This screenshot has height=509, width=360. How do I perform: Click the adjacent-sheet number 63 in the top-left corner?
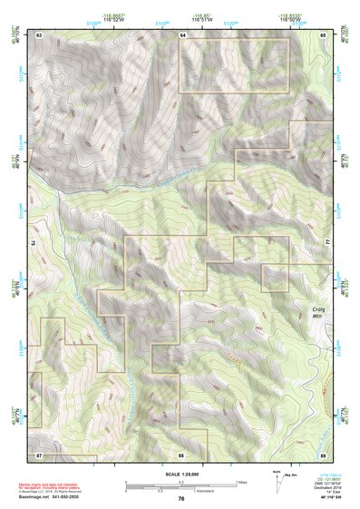(40, 34)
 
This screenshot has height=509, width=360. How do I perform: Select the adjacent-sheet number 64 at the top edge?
(182, 34)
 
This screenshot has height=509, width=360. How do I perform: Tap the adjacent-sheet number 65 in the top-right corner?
(324, 34)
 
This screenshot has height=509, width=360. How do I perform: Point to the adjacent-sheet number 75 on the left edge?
(37, 243)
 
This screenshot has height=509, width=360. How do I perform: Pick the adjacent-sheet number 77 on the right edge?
(326, 243)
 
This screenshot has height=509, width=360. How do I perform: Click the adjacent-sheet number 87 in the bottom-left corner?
(40, 453)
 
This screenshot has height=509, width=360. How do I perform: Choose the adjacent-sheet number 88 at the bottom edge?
(181, 453)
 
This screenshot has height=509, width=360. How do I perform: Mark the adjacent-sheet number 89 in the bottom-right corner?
(324, 453)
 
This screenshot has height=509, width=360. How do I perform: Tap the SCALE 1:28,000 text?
(180, 475)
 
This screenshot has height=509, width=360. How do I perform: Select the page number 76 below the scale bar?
(181, 498)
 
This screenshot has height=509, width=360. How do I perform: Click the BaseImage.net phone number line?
(50, 498)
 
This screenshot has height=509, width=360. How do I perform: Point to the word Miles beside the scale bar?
(239, 482)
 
